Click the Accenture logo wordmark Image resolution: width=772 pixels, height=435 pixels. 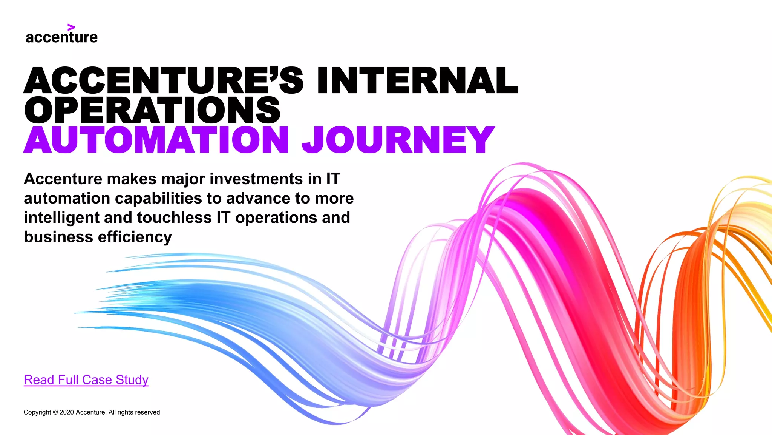(x=61, y=37)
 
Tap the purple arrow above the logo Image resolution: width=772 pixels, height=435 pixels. (x=71, y=27)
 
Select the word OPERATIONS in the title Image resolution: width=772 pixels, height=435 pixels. (x=152, y=110)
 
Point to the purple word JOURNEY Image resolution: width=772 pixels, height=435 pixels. (x=398, y=140)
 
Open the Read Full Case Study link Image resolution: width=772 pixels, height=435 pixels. (x=86, y=380)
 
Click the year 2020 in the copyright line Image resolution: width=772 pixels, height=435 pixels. (x=67, y=412)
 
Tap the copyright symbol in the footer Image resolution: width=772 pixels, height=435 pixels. (x=55, y=412)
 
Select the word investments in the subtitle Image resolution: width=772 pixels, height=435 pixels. (x=256, y=179)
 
